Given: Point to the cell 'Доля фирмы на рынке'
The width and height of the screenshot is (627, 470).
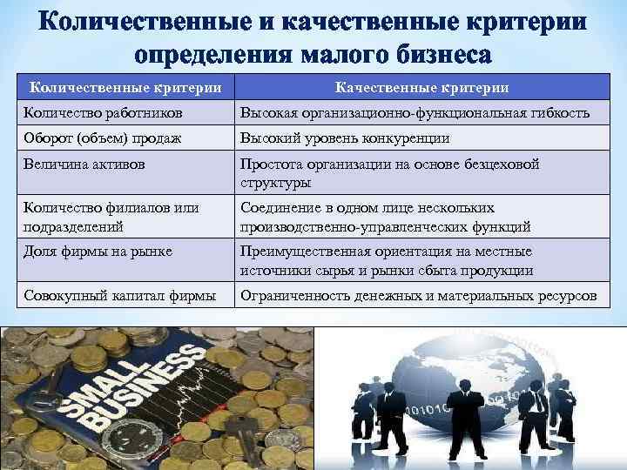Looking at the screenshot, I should pyautogui.click(x=98, y=252).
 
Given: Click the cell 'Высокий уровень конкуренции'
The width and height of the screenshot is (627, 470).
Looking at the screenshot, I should pyautogui.click(x=345, y=138).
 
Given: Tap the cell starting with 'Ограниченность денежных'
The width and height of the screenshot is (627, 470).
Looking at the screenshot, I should pyautogui.click(x=419, y=296).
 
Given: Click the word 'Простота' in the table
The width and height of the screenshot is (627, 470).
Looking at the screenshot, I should pyautogui.click(x=270, y=164).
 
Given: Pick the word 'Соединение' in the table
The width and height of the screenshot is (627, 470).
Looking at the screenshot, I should pyautogui.click(x=279, y=208).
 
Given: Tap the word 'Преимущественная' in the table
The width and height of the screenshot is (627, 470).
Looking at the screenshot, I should pyautogui.click(x=299, y=252).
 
